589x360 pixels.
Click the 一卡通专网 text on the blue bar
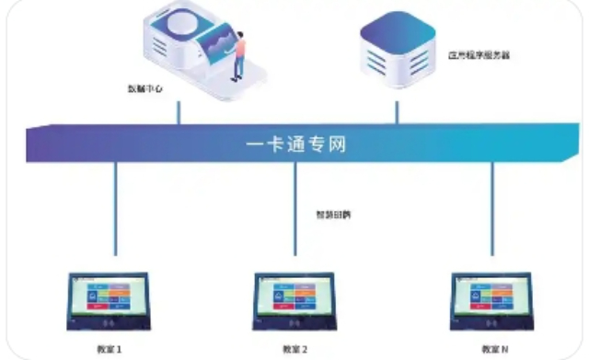[x=297, y=145]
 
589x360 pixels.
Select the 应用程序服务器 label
[x=479, y=55]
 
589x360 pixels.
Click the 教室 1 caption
[x=109, y=349]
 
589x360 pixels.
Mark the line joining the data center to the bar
[x=179, y=110]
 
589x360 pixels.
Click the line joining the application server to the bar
[x=398, y=110]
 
